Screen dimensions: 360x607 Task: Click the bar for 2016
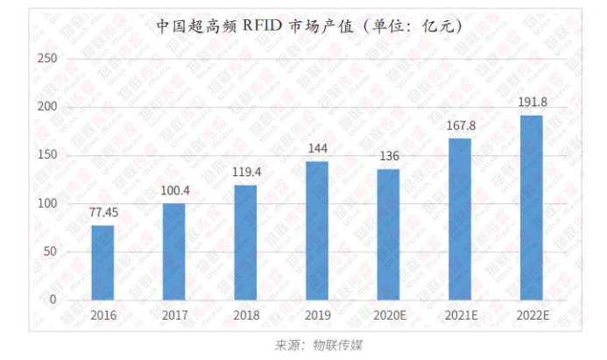tap(102, 263)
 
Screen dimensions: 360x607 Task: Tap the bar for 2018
tap(245, 243)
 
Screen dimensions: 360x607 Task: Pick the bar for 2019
tap(317, 230)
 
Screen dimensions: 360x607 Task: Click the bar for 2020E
tap(388, 234)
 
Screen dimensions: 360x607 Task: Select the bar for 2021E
tap(460, 219)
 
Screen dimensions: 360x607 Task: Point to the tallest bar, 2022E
tap(531, 208)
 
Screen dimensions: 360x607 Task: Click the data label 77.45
tap(102, 212)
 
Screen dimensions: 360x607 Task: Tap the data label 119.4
tap(245, 172)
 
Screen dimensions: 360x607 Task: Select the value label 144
tap(317, 148)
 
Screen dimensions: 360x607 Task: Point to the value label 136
tap(388, 156)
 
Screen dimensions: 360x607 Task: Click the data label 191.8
tap(531, 102)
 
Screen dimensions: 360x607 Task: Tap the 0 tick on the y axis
tap(53, 300)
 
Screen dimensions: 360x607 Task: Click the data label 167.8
tap(460, 125)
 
